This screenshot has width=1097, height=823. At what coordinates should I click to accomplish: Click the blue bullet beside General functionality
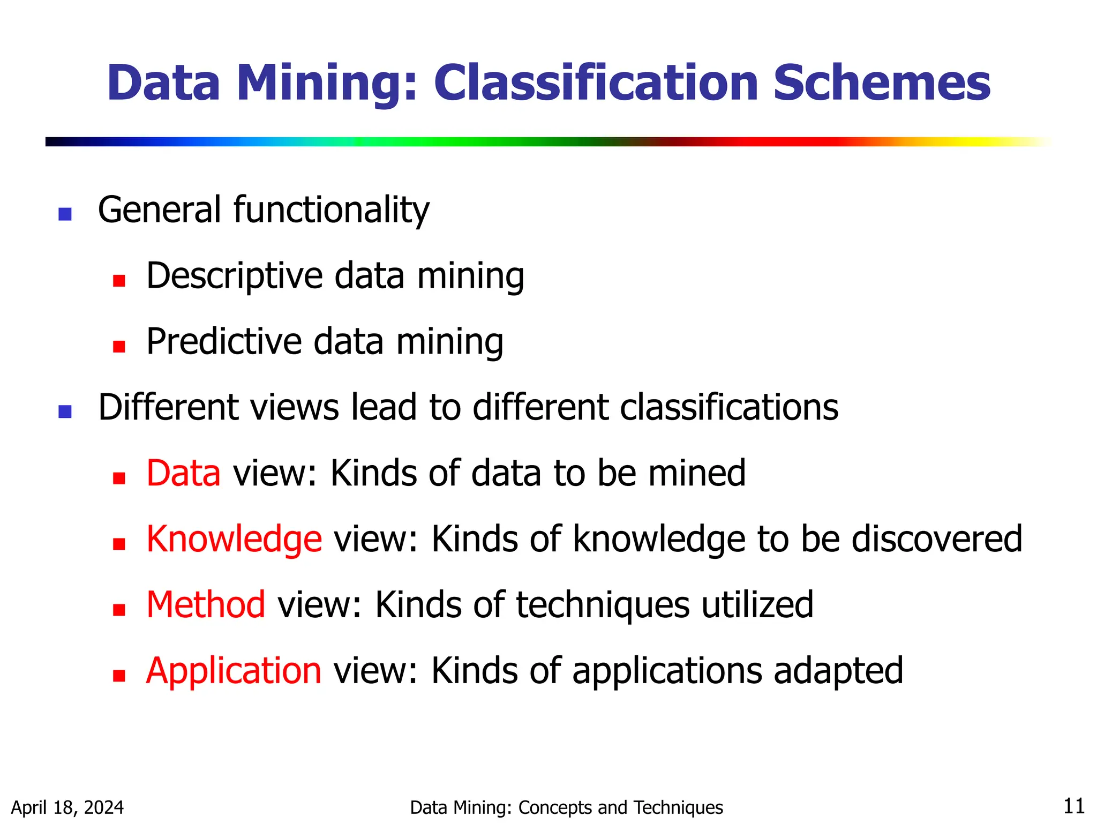click(x=65, y=214)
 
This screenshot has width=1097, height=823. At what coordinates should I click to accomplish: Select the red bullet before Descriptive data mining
click(x=119, y=280)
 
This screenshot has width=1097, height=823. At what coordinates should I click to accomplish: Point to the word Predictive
click(x=224, y=341)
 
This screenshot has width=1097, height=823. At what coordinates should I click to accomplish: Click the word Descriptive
click(x=235, y=276)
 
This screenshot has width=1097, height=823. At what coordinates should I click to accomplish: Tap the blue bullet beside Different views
click(x=65, y=411)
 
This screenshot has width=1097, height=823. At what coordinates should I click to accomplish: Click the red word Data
click(x=183, y=473)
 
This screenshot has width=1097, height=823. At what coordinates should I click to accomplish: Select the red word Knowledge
click(x=234, y=539)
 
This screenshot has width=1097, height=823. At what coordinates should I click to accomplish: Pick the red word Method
click(x=206, y=605)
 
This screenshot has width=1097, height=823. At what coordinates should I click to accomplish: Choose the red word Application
click(x=234, y=671)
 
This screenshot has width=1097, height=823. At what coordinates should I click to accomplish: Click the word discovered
click(x=937, y=539)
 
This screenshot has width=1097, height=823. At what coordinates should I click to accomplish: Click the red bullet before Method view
click(x=119, y=610)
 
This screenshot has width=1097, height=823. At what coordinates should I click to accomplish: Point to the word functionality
click(x=331, y=210)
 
